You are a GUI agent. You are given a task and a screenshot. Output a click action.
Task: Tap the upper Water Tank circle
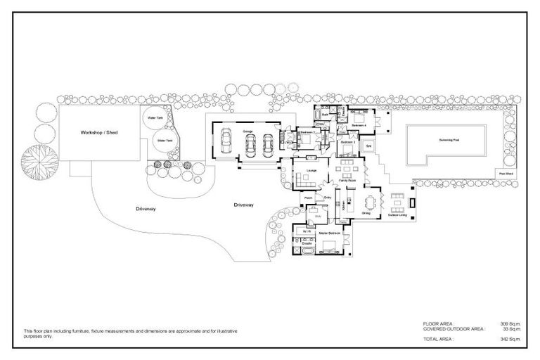pos(154,119)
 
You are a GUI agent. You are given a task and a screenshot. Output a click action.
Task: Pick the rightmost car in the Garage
pos(267,146)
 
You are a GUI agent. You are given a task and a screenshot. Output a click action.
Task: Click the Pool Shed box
pos(505,173)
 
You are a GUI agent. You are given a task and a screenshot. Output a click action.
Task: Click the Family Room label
pos(345,181)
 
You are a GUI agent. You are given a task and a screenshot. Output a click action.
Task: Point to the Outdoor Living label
pos(398,215)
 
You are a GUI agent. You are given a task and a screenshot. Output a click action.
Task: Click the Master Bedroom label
pos(330,232)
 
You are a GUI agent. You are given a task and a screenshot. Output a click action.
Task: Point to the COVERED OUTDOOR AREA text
pos(453,328)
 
